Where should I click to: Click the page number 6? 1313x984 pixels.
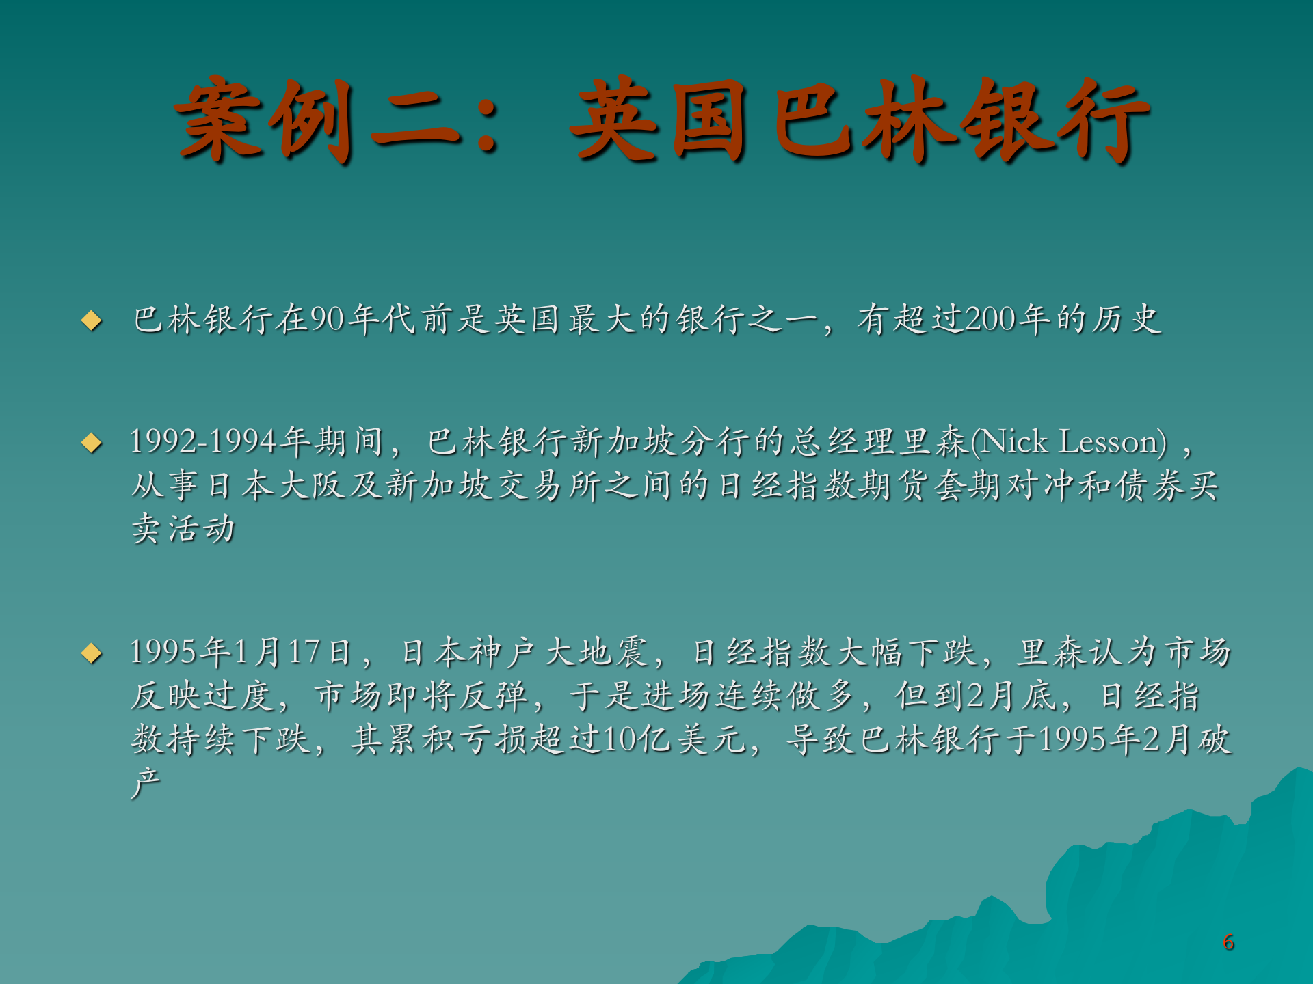pyautogui.click(x=1228, y=942)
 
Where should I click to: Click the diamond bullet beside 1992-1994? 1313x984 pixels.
pyautogui.click(x=92, y=443)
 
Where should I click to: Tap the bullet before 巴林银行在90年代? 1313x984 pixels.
pyautogui.click(x=92, y=320)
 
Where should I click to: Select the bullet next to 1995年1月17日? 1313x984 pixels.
pyautogui.click(x=92, y=653)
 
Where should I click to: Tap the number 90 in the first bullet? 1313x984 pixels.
pyautogui.click(x=327, y=319)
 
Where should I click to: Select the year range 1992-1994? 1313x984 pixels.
pyautogui.click(x=202, y=442)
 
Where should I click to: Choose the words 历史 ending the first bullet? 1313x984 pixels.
pyautogui.click(x=1126, y=319)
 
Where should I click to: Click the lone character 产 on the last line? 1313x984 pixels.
pyautogui.click(x=146, y=782)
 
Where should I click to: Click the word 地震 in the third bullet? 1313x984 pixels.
pyautogui.click(x=613, y=652)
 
